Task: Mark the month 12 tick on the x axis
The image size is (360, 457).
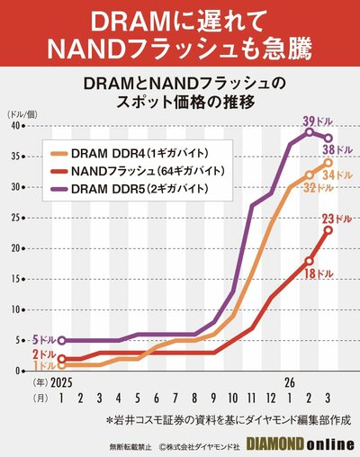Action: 271,398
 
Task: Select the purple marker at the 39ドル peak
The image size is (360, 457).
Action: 309,132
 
